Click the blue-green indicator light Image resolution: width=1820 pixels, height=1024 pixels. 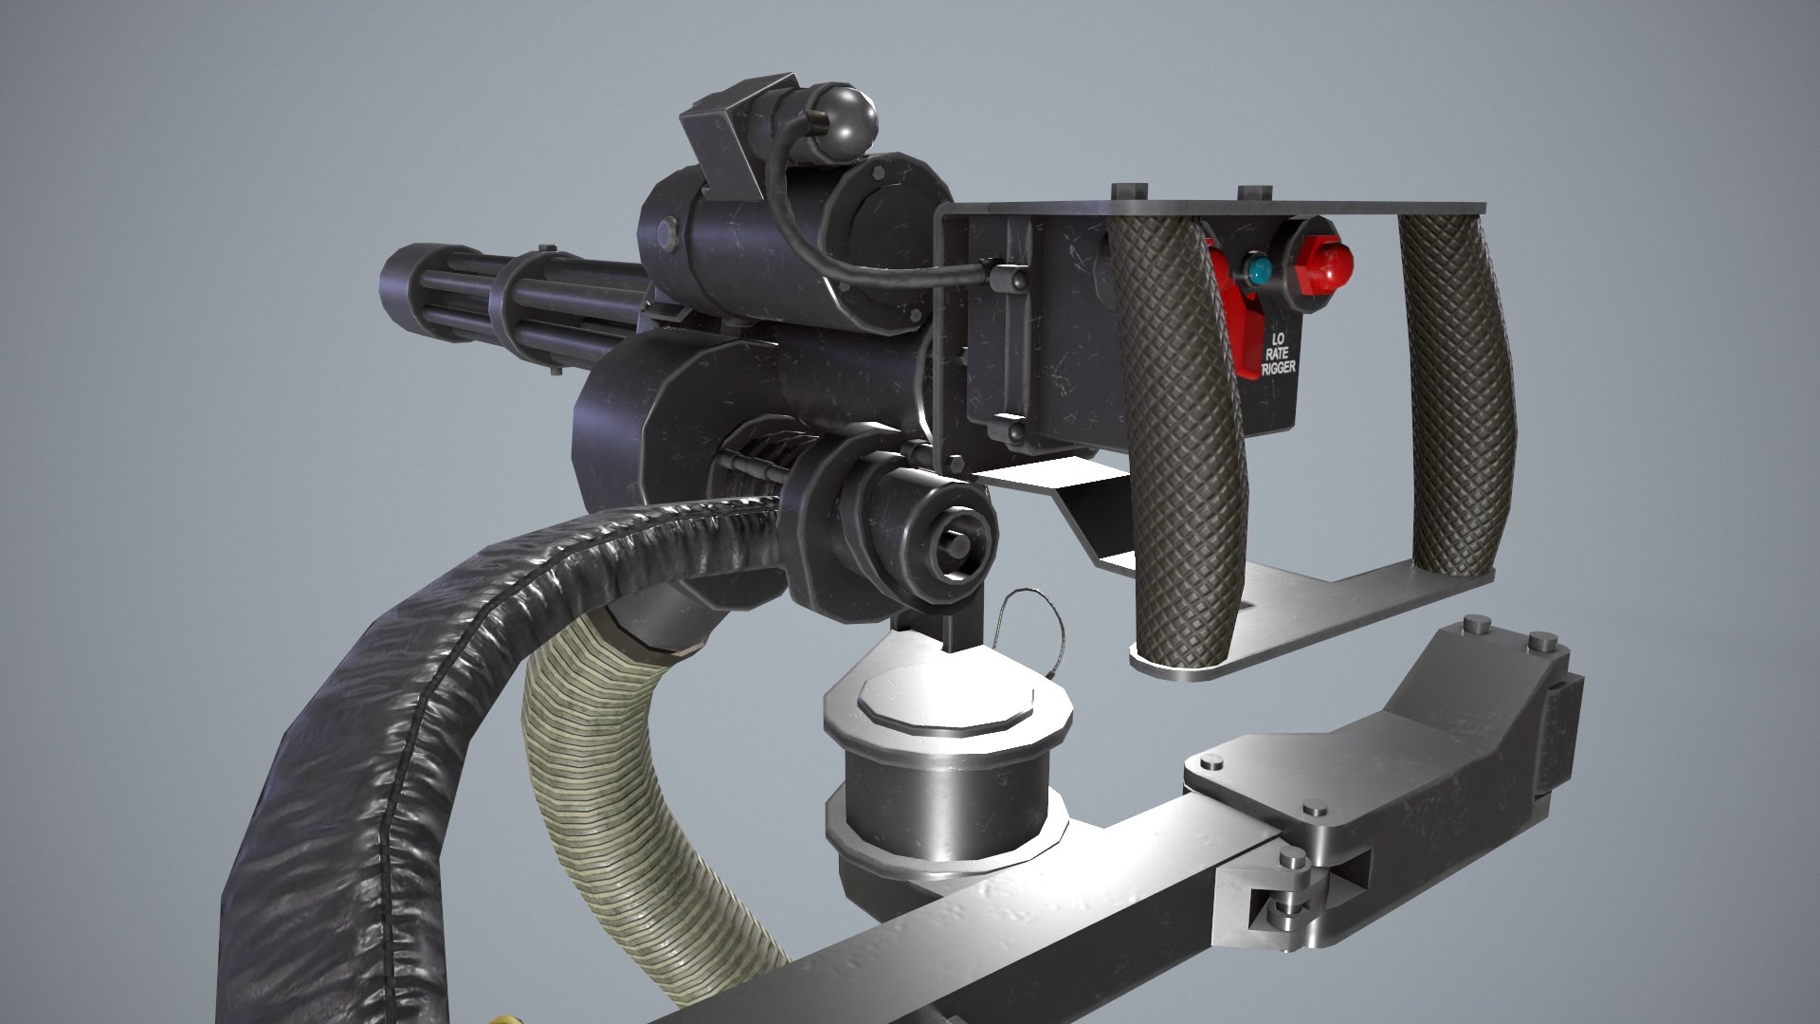click(1258, 270)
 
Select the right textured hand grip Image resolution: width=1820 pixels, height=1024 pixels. click(1460, 398)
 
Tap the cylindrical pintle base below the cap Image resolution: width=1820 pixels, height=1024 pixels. click(938, 796)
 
